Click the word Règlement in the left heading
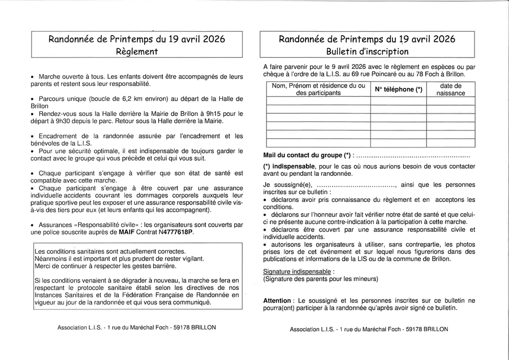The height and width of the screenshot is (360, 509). tap(136, 51)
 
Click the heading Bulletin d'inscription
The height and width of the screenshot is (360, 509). tap(367, 51)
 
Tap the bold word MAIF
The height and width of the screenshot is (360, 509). tap(127, 232)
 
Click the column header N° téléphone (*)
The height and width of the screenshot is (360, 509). tap(398, 89)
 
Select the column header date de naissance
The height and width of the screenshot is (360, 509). tap(451, 89)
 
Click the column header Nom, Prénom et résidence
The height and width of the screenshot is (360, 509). tap(318, 89)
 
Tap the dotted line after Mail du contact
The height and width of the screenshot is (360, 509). tap(413, 155)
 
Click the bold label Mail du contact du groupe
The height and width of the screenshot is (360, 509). tap(307, 155)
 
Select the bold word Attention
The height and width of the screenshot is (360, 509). tap(277, 301)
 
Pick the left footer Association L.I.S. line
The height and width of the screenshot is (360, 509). tap(136, 327)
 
